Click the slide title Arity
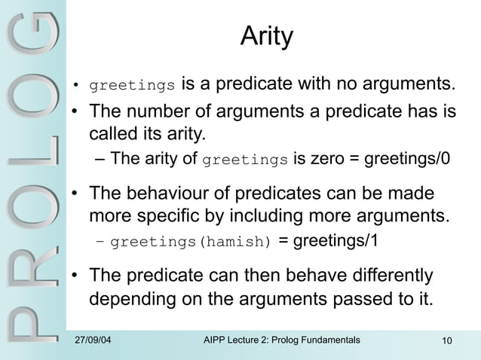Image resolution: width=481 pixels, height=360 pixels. coord(265,36)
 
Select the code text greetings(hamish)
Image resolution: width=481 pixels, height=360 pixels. coord(191,242)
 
